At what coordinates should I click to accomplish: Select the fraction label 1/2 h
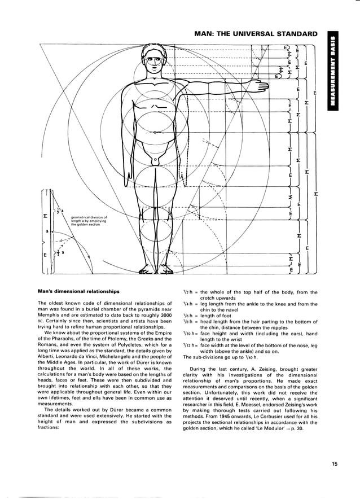point(189,292)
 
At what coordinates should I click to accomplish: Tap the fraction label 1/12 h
point(190,345)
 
